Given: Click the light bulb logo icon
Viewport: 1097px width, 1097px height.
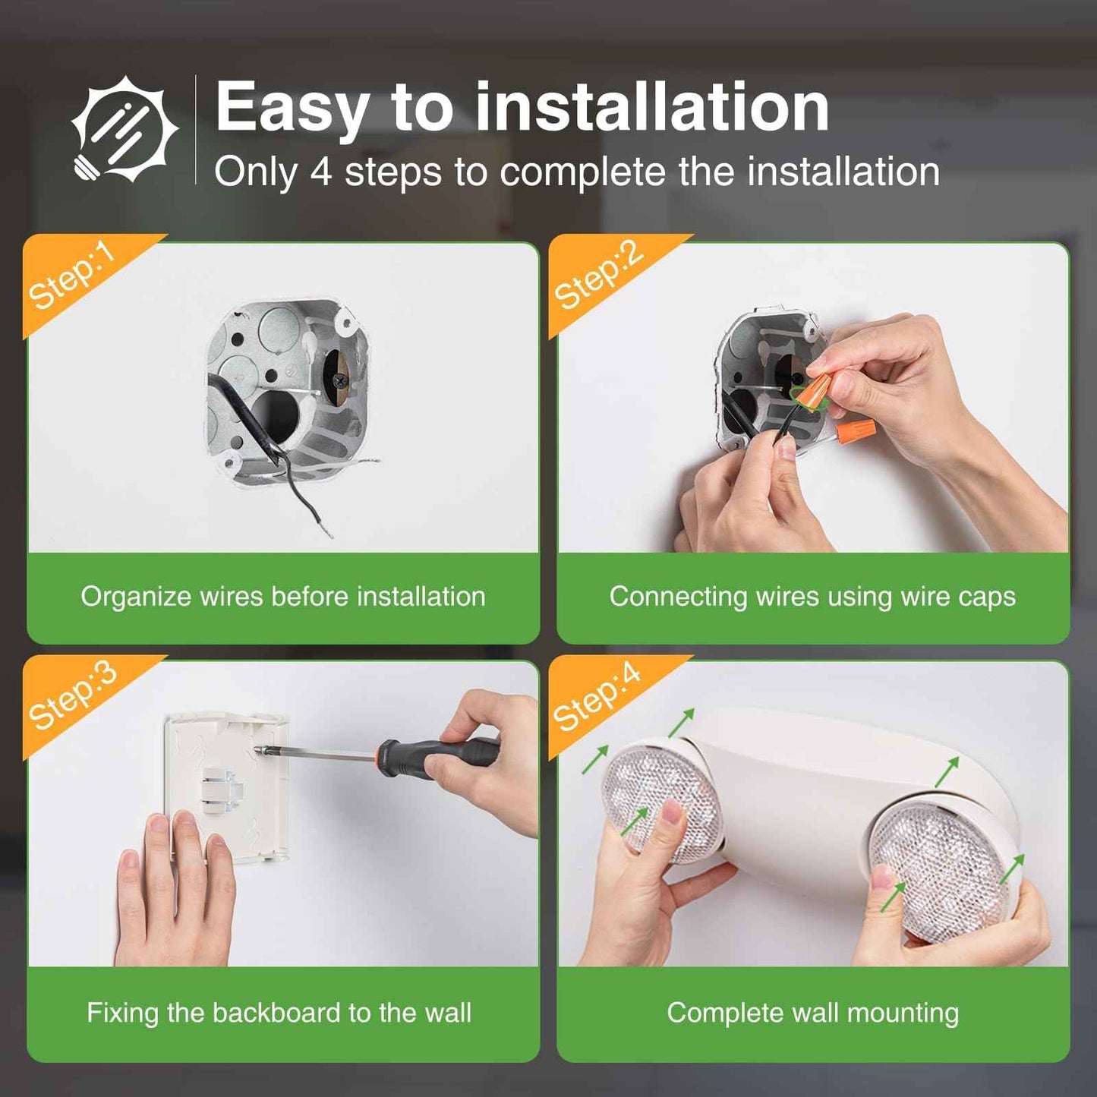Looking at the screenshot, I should [125, 129].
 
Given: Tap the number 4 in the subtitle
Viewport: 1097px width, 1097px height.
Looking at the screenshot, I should [320, 172].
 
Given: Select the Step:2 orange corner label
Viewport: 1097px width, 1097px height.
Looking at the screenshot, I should [598, 276].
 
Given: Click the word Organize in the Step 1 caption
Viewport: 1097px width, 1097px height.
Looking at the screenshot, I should [136, 597].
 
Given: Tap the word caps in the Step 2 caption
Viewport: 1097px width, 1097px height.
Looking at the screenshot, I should [986, 597].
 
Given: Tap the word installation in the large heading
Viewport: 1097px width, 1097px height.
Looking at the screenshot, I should [651, 109].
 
